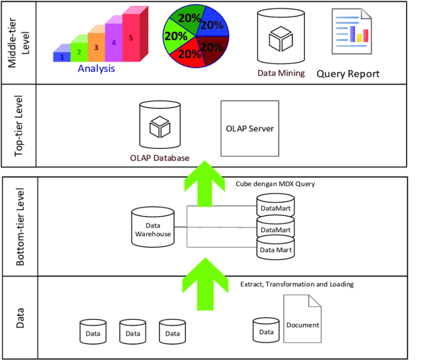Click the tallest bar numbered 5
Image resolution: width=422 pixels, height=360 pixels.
point(131,37)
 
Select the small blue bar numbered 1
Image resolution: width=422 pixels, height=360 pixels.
point(62,56)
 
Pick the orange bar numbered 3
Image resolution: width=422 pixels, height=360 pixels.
point(96,47)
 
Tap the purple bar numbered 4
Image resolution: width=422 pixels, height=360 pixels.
point(113,42)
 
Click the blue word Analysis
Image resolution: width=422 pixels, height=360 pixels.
point(96,69)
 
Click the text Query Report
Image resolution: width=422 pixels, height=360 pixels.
point(348,74)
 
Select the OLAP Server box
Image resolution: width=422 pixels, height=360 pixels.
point(249,129)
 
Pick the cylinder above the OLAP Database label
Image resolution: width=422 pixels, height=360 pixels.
point(159,126)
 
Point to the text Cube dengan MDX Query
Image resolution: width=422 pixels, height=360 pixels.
point(275,184)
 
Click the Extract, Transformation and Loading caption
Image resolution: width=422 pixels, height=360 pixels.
point(297,285)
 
